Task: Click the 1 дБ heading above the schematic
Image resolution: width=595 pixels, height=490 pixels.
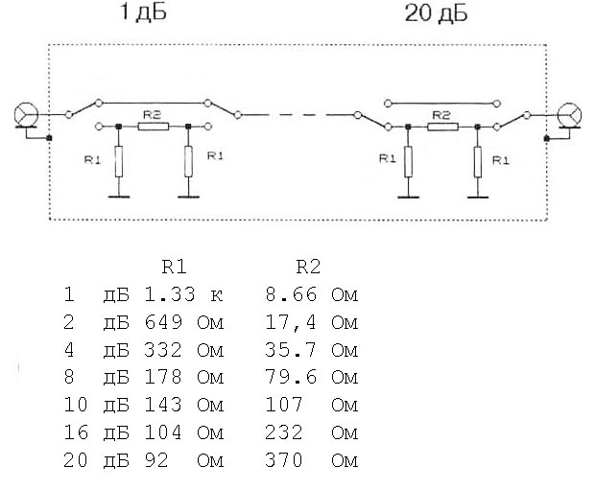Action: [x=143, y=12]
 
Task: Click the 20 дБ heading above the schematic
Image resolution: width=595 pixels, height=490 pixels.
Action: [x=436, y=12]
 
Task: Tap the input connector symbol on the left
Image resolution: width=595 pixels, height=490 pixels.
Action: [x=26, y=114]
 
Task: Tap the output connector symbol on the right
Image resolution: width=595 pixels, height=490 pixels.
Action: [x=569, y=114]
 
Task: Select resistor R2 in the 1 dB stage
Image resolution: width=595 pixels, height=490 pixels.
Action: [x=154, y=127]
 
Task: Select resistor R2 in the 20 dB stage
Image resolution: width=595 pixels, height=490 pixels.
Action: [x=442, y=127]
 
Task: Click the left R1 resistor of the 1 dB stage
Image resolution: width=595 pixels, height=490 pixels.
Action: [x=119, y=161]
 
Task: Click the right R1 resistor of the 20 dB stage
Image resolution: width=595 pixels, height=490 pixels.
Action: [x=478, y=162]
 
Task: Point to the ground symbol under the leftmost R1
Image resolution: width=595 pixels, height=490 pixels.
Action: [x=119, y=197]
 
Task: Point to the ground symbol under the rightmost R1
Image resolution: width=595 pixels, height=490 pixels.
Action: [x=478, y=198]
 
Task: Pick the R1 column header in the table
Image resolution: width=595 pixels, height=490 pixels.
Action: [x=174, y=267]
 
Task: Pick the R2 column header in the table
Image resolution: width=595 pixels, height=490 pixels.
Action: [x=308, y=267]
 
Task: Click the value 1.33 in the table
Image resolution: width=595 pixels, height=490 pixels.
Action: [x=170, y=294]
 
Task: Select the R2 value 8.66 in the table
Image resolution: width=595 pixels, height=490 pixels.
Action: [x=291, y=294]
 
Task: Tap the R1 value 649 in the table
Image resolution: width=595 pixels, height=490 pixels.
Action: [x=163, y=322]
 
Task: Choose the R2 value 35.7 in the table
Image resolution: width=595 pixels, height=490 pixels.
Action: [x=290, y=350]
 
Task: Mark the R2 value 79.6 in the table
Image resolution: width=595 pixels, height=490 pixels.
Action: [x=291, y=378]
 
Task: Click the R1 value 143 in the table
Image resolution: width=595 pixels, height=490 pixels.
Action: [x=163, y=405]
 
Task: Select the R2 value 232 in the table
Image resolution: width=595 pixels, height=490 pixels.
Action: [x=284, y=432]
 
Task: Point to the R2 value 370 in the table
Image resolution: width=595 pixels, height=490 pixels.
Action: [x=284, y=460]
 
